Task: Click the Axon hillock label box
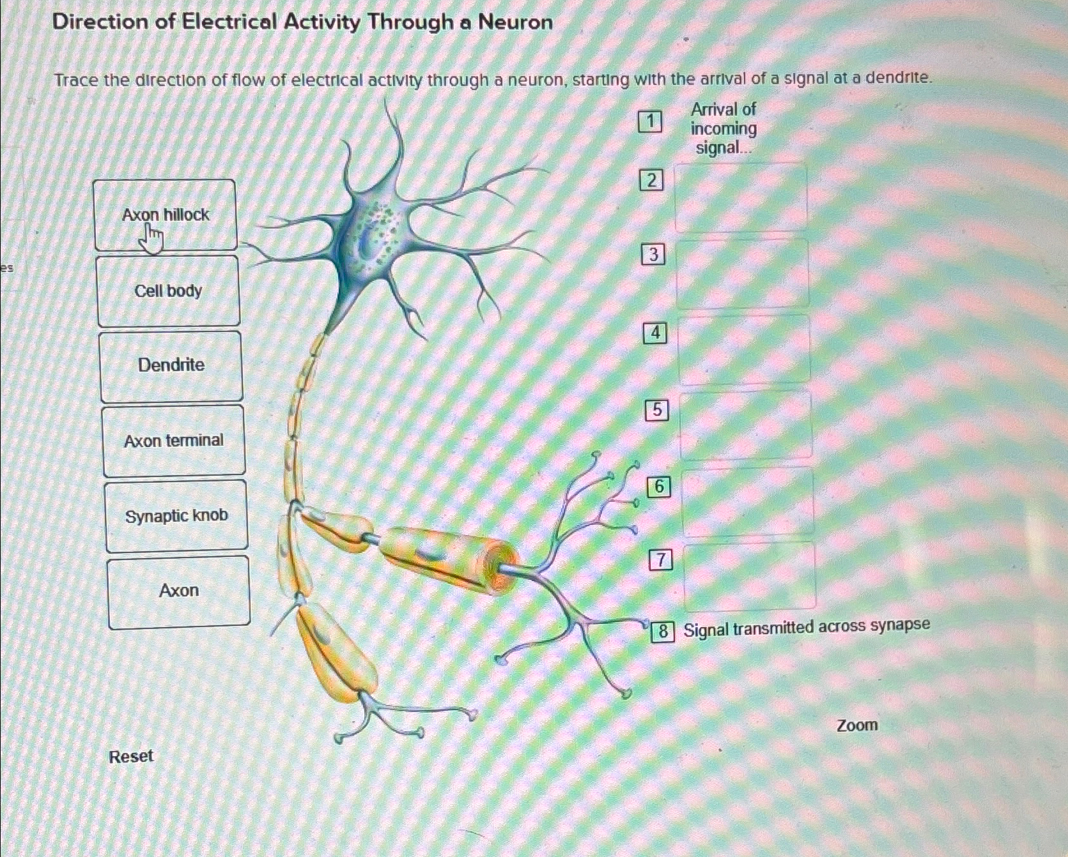pos(165,215)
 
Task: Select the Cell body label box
pos(168,291)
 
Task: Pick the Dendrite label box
pos(171,365)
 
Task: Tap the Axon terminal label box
pos(174,441)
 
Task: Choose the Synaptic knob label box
pos(176,516)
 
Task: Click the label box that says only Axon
pos(179,591)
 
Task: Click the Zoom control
pos(857,725)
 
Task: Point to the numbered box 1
pos(650,121)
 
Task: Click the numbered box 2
pos(651,181)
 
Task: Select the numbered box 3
pos(653,255)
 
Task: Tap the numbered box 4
pos(655,333)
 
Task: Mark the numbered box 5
pos(657,409)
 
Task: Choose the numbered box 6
pos(659,487)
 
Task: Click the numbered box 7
pos(661,561)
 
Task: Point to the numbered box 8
pos(663,632)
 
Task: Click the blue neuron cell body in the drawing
pos(374,233)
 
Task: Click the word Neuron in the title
pos(515,22)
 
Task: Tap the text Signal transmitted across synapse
pos(807,628)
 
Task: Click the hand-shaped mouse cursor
pos(152,239)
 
